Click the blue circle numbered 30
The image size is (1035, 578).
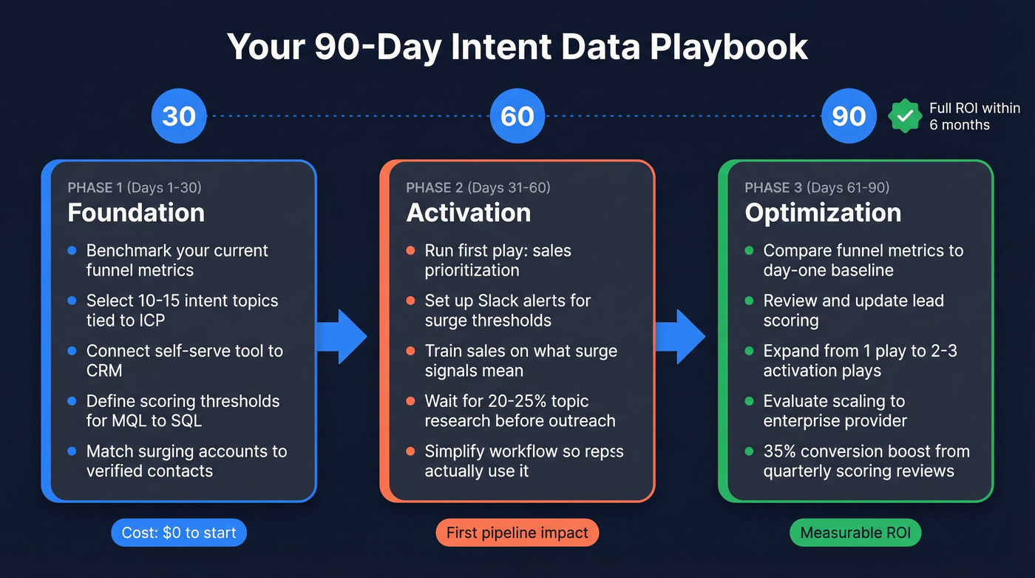tap(179, 116)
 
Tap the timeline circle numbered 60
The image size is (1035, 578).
tap(517, 116)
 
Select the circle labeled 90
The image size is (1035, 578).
tap(849, 116)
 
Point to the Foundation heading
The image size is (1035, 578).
tap(136, 212)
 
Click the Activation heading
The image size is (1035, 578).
tap(469, 212)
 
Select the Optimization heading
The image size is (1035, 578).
tap(823, 212)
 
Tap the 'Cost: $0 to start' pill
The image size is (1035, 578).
tap(179, 533)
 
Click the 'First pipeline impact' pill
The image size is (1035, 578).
tap(517, 533)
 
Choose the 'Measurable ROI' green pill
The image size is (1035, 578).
tap(856, 533)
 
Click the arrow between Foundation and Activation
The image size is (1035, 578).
tap(342, 337)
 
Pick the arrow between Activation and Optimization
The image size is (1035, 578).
tap(681, 337)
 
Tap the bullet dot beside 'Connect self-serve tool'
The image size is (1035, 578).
tap(72, 351)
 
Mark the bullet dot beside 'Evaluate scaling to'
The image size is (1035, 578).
tap(749, 401)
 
